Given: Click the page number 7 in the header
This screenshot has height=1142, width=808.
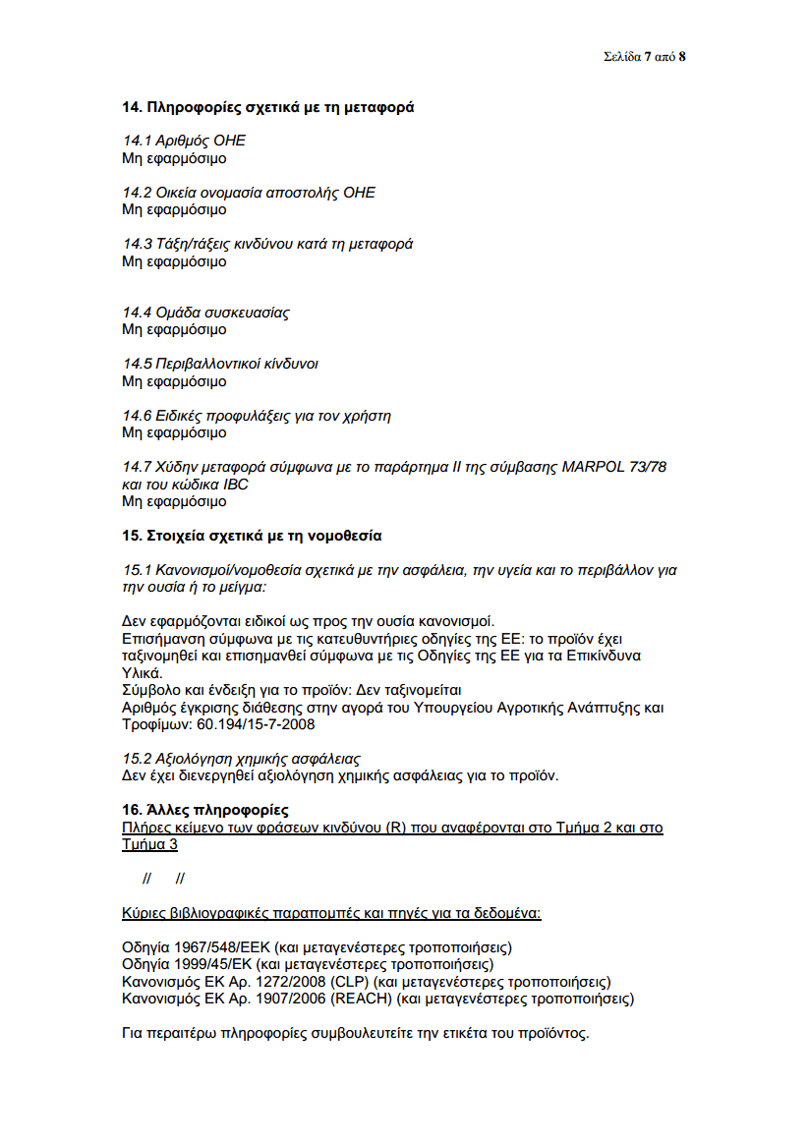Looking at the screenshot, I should (x=648, y=56).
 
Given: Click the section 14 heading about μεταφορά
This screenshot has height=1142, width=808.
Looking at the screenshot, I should (x=267, y=107).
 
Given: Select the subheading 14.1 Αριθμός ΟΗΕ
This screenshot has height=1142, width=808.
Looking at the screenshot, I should (x=184, y=142).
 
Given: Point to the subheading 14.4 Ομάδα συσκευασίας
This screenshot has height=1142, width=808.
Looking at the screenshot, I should (x=205, y=313).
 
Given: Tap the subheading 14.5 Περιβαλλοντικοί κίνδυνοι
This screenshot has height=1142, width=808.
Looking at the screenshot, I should (x=219, y=364).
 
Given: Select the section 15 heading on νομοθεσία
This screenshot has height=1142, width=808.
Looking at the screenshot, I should (x=252, y=536).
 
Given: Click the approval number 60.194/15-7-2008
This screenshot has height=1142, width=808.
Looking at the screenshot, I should (x=259, y=725).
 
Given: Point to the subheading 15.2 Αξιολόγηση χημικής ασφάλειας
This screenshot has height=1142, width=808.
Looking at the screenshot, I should (x=241, y=759).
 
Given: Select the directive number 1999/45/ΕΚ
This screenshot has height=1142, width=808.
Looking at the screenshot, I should (x=217, y=964).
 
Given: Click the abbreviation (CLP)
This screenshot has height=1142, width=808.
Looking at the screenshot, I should (x=348, y=982).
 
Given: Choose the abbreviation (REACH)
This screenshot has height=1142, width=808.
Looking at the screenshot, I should (x=363, y=999).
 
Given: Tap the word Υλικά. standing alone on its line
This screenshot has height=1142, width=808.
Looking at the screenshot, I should (x=142, y=673).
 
